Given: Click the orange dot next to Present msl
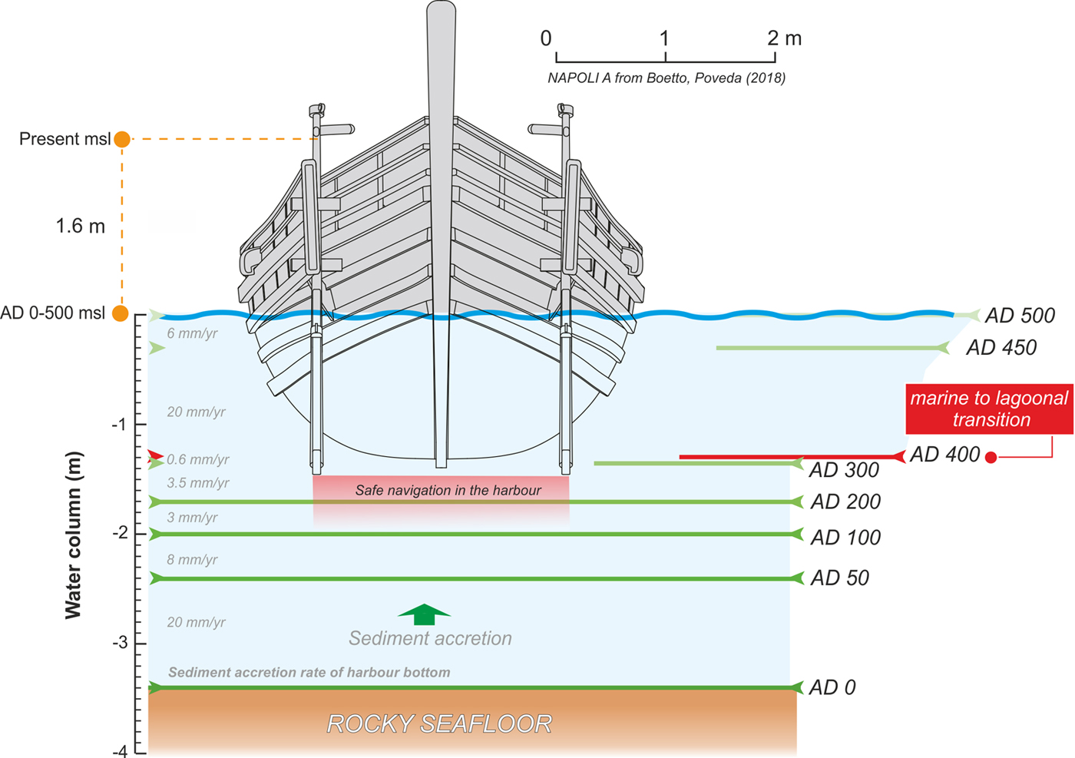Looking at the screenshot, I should pyautogui.click(x=122, y=139).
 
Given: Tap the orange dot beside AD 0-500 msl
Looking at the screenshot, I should pyautogui.click(x=121, y=313).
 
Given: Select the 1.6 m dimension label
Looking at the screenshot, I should pyautogui.click(x=80, y=227).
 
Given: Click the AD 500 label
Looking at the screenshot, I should pyautogui.click(x=1020, y=316).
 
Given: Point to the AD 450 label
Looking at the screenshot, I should pyautogui.click(x=1001, y=348).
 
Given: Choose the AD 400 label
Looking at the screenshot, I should pyautogui.click(x=945, y=455).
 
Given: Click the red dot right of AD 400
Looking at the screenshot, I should pyautogui.click(x=991, y=458).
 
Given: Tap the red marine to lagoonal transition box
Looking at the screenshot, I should pyautogui.click(x=989, y=409).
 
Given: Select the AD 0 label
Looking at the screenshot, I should pyautogui.click(x=832, y=687).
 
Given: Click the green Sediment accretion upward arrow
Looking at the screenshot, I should pyautogui.click(x=424, y=614).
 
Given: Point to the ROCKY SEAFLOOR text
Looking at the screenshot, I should pyautogui.click(x=439, y=723).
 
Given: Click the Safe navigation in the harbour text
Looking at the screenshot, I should pyautogui.click(x=448, y=490).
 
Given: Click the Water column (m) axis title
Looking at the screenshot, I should pyautogui.click(x=73, y=535).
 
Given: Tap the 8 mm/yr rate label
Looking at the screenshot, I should pyautogui.click(x=192, y=560).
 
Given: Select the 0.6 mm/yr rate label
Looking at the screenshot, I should pyautogui.click(x=198, y=459).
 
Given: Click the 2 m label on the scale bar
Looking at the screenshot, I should pyautogui.click(x=784, y=38).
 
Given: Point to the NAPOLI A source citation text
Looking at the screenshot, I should pyautogui.click(x=666, y=78).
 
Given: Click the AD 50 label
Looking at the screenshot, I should pyautogui.click(x=839, y=578).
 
